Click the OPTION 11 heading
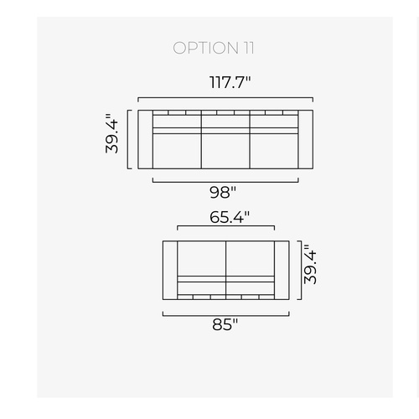(x=214, y=48)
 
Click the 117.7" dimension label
(x=230, y=82)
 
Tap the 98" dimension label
(x=223, y=192)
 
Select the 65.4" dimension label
(x=230, y=217)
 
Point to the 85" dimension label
(x=225, y=324)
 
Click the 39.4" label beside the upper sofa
(x=112, y=133)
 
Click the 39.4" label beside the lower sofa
(x=310, y=265)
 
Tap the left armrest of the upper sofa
(x=145, y=139)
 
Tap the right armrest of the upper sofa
(x=306, y=139)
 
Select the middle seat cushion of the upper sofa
(x=225, y=151)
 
